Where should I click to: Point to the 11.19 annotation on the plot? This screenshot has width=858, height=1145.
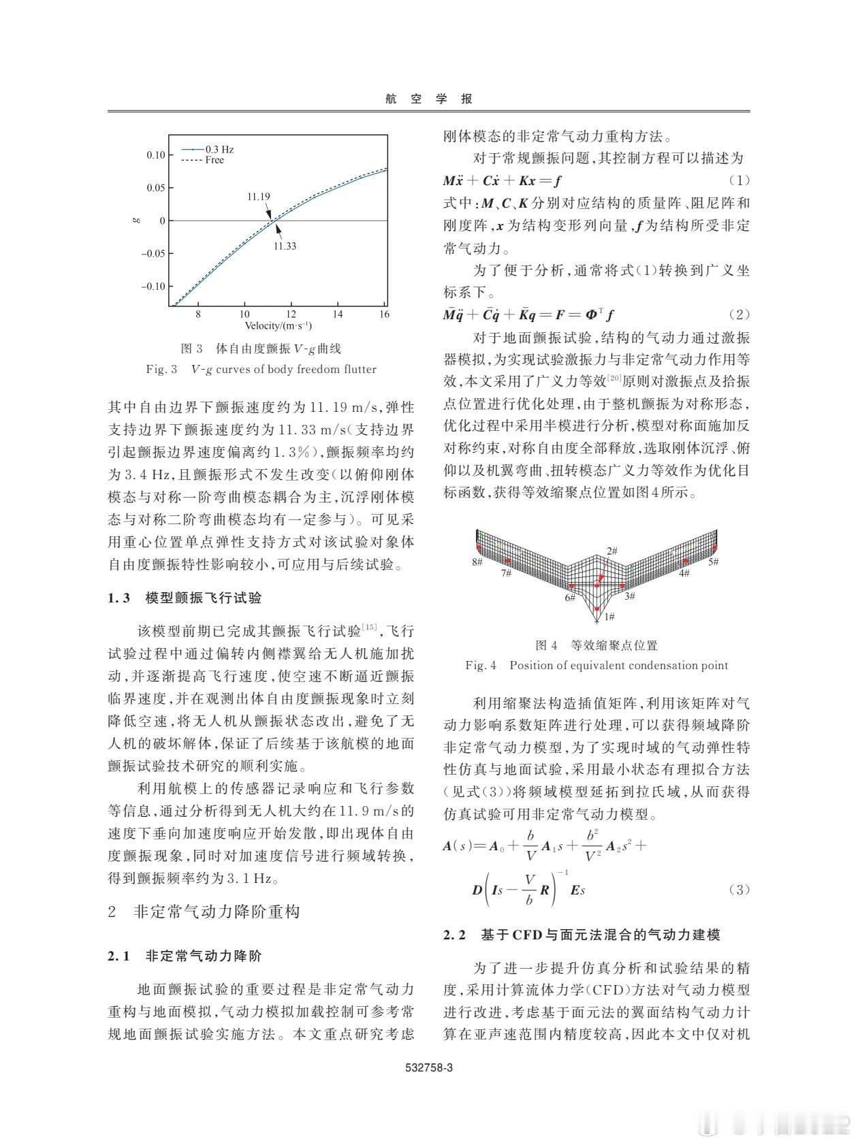(x=258, y=197)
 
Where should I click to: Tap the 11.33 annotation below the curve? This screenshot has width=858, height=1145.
(x=285, y=246)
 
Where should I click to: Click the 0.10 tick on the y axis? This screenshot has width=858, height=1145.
(x=155, y=155)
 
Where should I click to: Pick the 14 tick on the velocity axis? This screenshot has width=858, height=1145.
(x=337, y=315)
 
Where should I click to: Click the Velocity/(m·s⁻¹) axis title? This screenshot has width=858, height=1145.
(x=279, y=326)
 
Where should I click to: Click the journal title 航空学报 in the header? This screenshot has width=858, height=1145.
(x=428, y=99)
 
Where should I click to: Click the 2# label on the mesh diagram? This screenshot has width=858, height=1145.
(x=611, y=551)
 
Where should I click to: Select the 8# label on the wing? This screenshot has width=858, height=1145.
(x=477, y=562)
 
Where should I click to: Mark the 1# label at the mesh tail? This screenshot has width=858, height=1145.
(x=609, y=616)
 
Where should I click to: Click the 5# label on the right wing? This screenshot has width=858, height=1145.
(x=713, y=562)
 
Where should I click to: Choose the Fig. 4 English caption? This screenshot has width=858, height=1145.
(x=597, y=665)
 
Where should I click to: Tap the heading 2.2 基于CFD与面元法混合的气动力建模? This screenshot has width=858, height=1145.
(x=582, y=935)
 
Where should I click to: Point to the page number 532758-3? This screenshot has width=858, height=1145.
(x=429, y=1067)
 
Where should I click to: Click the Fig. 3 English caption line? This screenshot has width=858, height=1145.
(x=261, y=370)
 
